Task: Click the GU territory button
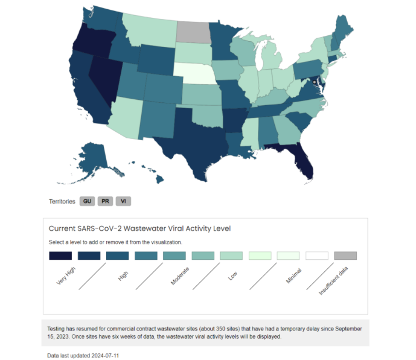[87, 201]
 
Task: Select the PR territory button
[105, 201]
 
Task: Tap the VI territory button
[123, 201]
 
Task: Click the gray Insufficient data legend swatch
[345, 255]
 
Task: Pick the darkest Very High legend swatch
[60, 255]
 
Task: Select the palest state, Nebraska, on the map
[193, 74]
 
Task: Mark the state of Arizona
[124, 116]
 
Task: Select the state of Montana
[148, 29]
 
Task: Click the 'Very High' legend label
[66, 276]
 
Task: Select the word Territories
[62, 201]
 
